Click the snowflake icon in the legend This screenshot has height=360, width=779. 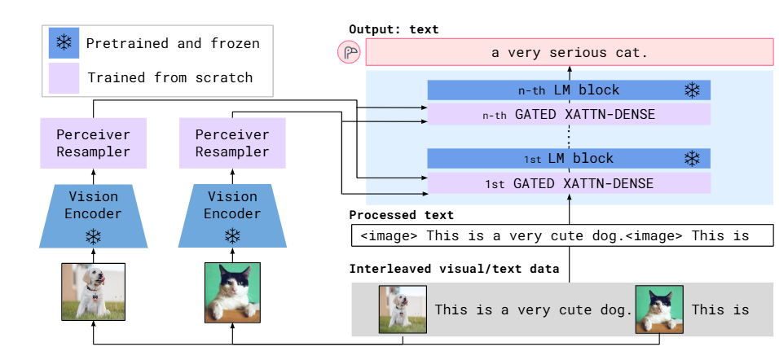coord(64,42)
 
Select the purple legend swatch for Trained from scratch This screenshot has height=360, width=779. coord(64,77)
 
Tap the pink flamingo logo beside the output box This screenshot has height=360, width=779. coord(349,53)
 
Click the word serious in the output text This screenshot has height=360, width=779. coord(578,53)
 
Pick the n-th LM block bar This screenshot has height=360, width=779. coord(569,90)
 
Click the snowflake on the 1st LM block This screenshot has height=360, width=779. coord(692,159)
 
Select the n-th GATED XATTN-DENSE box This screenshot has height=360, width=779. coord(569,115)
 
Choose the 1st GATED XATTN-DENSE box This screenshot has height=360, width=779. coord(569,184)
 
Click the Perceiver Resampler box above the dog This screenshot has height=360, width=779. coord(94,143)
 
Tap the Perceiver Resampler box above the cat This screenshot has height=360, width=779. coord(232,143)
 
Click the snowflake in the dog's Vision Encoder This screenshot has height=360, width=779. coord(94,236)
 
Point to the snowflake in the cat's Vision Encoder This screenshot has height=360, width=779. coord(232,236)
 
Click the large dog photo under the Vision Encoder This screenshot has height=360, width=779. coord(94,292)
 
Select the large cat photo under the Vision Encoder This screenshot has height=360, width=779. coord(232,292)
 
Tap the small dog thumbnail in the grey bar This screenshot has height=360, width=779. coord(403,310)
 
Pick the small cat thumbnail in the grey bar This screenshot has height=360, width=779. coord(659,310)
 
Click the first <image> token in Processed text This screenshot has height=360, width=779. coord(389,235)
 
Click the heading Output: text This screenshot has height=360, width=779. coord(394,29)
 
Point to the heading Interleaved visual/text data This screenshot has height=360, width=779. coord(454,269)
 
